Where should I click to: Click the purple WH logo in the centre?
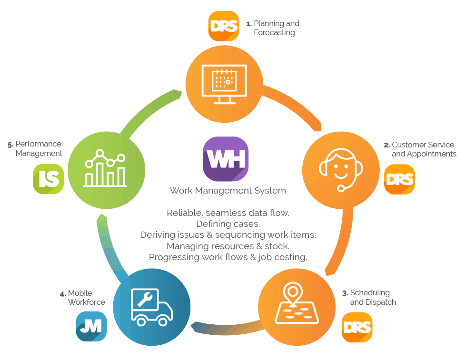(226, 159)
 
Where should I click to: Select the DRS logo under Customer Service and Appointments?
(399, 179)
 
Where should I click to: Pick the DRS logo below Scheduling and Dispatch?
(357, 327)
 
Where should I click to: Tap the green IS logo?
(48, 179)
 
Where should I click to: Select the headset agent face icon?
(340, 169)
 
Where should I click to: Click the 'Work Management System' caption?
(228, 191)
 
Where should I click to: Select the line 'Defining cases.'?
(228, 224)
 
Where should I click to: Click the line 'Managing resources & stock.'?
(228, 246)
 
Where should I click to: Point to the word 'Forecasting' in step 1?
(274, 33)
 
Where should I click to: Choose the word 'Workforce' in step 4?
(87, 302)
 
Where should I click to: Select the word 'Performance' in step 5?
(39, 144)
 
